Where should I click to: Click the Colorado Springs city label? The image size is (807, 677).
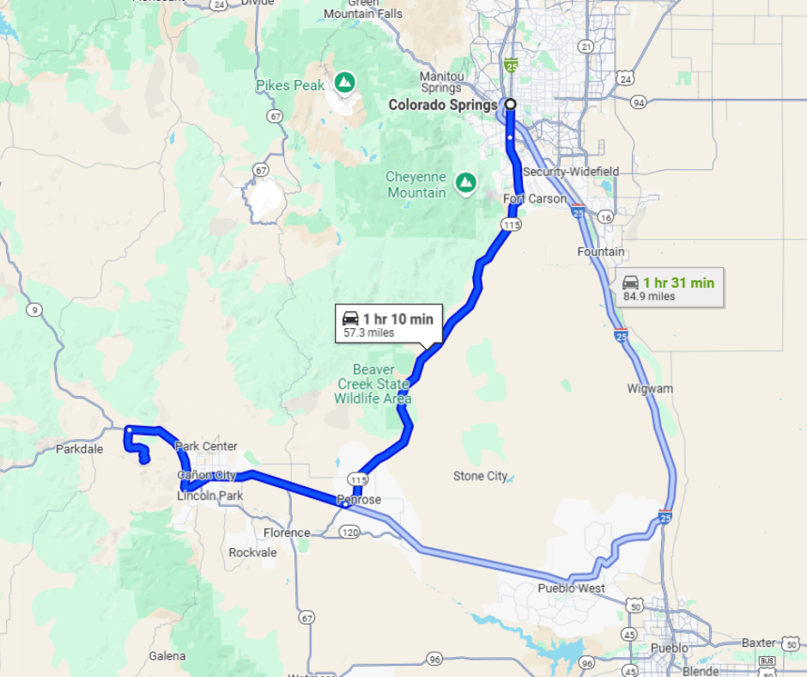(442, 105)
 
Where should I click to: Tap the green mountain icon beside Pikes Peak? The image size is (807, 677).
(345, 82)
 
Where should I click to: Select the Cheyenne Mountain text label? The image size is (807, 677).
(416, 185)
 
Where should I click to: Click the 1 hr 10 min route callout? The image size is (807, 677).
(389, 325)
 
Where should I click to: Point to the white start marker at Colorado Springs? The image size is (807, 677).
(510, 104)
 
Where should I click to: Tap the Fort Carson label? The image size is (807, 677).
(535, 199)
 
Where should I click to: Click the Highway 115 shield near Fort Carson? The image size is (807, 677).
(513, 224)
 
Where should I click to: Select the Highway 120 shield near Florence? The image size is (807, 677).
(349, 533)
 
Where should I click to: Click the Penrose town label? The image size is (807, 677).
(359, 500)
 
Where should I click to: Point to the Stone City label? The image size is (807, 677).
(481, 476)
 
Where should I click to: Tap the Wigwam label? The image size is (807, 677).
(650, 388)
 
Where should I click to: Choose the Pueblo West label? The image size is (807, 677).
(571, 589)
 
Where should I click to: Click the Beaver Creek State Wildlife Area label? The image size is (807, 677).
(373, 383)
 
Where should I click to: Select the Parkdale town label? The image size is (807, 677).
(79, 448)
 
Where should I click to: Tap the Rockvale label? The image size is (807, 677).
(252, 552)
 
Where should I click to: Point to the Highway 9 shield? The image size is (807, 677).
(33, 309)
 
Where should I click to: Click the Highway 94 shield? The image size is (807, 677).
(637, 102)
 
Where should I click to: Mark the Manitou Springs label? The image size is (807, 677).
(442, 82)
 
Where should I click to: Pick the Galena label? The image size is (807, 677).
(167, 656)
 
